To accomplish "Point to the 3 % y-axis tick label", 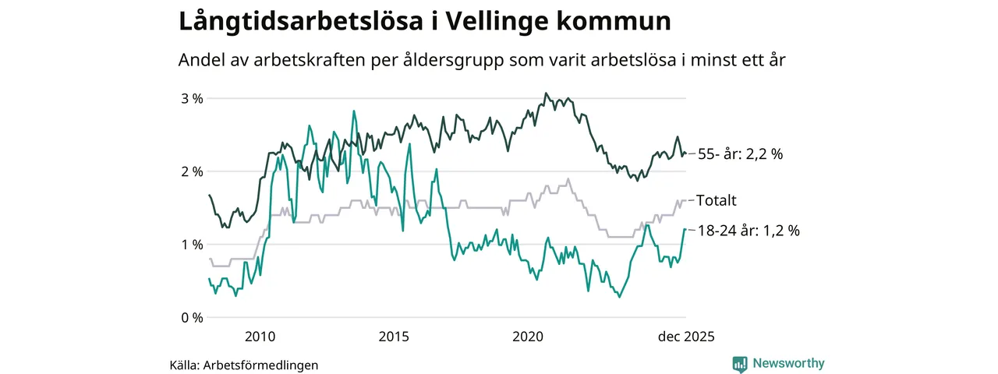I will click(192, 98).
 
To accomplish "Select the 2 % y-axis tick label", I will click(192, 171).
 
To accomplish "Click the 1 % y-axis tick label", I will click(192, 245).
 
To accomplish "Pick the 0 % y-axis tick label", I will click(192, 317).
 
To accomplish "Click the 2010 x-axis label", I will click(260, 337).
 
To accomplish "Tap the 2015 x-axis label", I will click(394, 337).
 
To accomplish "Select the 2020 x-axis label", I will click(528, 337).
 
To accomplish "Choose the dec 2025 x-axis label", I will click(685, 337).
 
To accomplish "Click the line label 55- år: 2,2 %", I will click(740, 154).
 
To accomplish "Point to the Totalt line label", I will click(717, 200).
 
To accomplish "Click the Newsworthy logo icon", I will click(740, 364).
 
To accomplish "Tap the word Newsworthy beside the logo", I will click(788, 363).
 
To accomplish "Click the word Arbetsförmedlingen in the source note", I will click(260, 365).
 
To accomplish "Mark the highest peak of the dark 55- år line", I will click(546, 93).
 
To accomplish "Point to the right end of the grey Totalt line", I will click(685, 200).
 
